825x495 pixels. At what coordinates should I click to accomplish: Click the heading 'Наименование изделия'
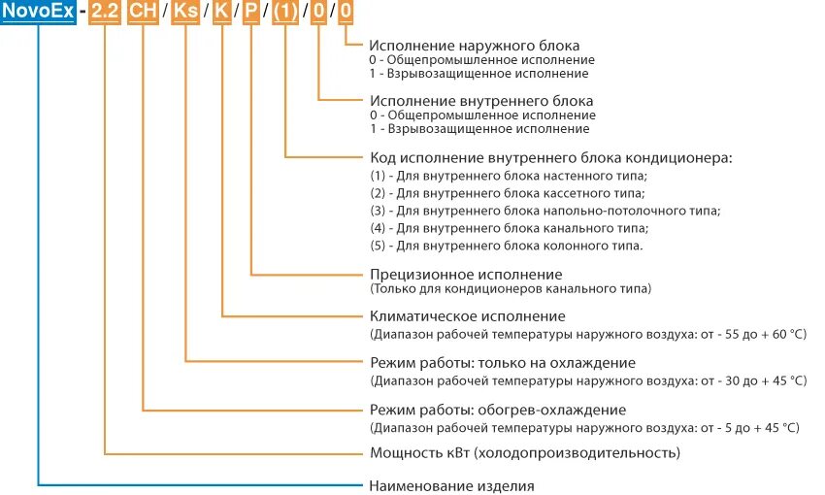pos(452,484)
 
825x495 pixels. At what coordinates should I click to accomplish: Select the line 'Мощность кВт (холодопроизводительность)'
pos(525,452)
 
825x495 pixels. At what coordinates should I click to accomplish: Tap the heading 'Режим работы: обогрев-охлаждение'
pos(498,409)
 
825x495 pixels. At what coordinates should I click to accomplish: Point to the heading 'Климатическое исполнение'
pos(468,316)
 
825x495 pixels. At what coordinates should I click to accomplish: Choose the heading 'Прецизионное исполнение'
pos(466,274)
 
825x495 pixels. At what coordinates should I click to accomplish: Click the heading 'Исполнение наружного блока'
pos(475,46)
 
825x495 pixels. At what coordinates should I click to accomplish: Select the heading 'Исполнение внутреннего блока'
pos(481,100)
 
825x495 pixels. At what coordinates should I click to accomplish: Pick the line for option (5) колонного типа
pos(506,246)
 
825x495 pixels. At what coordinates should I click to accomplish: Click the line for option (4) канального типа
pos(510,228)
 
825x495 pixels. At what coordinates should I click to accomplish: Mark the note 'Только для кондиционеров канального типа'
pos(511,288)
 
